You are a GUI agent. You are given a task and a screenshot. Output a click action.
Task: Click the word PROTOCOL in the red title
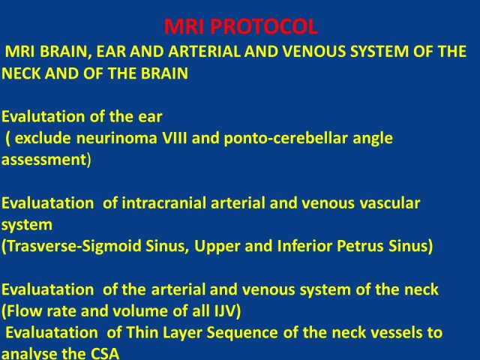point(264,27)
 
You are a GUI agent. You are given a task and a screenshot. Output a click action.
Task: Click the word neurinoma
point(116,138)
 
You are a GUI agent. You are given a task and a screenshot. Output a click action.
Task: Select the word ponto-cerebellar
point(286,139)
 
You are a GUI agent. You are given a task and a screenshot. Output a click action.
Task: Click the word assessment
point(44,160)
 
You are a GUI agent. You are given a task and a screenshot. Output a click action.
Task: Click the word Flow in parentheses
point(24,311)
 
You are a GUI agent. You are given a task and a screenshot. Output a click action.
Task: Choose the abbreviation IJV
point(224,311)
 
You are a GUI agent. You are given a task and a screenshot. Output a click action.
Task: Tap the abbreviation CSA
point(104,354)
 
